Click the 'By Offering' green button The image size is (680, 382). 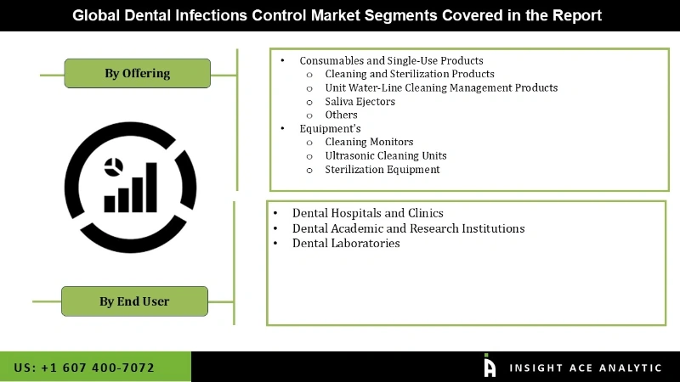point(137,73)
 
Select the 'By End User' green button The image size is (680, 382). point(134,301)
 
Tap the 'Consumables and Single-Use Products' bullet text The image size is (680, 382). point(391,60)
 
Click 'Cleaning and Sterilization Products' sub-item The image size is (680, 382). point(410,74)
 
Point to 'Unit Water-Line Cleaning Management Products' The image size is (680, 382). point(441,87)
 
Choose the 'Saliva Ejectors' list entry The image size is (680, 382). point(360,101)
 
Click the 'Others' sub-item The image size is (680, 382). point(341,115)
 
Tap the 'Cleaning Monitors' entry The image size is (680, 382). point(369,142)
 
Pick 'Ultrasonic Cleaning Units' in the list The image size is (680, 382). point(385,155)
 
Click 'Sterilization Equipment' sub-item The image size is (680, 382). point(382,169)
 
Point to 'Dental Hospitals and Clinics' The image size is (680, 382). point(367,213)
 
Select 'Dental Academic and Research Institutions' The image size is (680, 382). point(408,228)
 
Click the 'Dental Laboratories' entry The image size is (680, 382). point(345,243)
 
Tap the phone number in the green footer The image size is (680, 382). point(84,368)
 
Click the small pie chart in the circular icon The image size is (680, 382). point(112,166)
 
